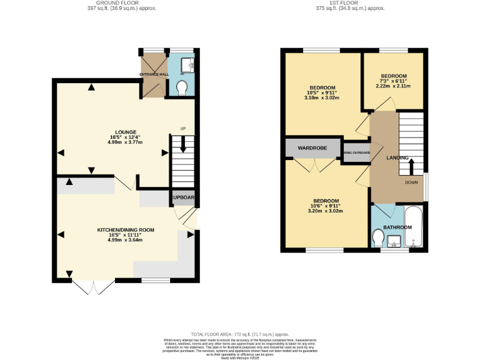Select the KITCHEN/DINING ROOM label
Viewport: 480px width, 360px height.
(x=126, y=230)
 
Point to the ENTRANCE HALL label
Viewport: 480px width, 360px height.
(x=154, y=74)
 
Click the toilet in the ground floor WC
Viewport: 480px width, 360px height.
(x=182, y=89)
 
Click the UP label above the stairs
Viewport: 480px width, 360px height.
(x=183, y=129)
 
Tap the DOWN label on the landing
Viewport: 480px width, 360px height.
(x=411, y=183)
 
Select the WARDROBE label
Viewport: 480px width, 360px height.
(x=312, y=149)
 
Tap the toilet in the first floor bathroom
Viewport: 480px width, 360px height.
(x=377, y=238)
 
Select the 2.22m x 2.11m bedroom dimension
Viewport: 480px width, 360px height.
(x=394, y=87)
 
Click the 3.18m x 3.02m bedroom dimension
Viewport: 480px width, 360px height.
(x=322, y=98)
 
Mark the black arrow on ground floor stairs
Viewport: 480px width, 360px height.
(x=183, y=144)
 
